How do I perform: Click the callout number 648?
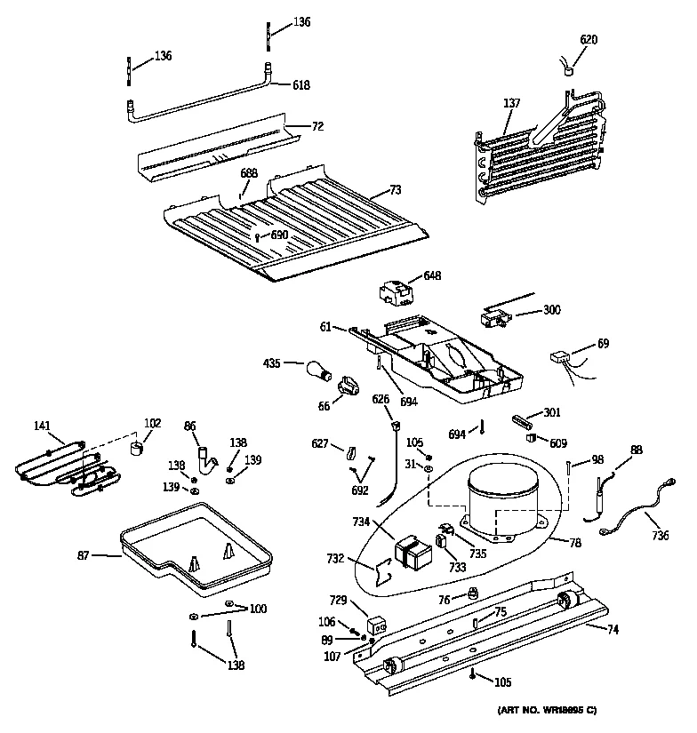[x=432, y=276]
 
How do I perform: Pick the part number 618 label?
[x=302, y=85]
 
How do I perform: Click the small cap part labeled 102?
[x=137, y=448]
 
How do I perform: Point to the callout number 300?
[x=551, y=310]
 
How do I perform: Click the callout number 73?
[x=396, y=190]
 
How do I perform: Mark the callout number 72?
[x=317, y=127]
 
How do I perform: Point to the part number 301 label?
[x=552, y=411]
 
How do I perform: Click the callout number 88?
[x=636, y=450]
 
